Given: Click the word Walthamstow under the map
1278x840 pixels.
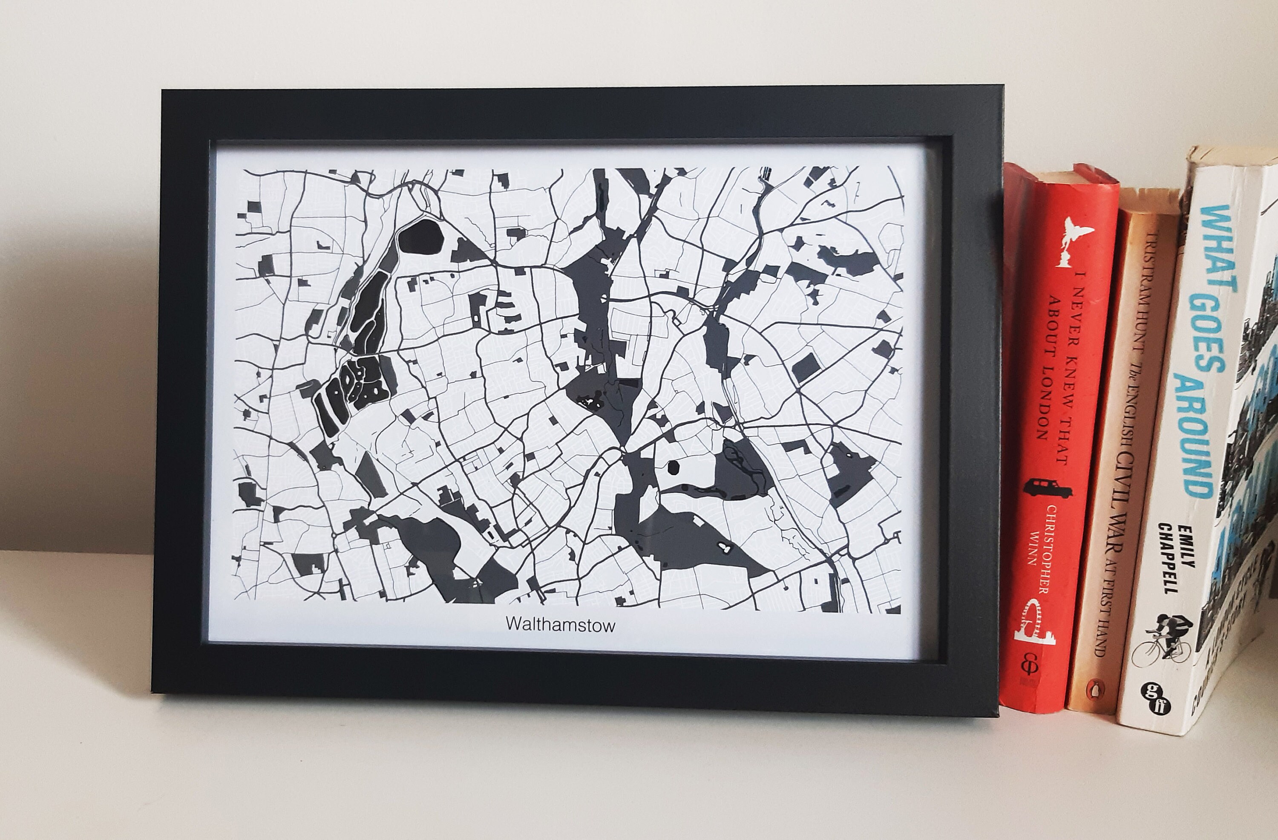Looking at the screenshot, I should (x=560, y=625).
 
